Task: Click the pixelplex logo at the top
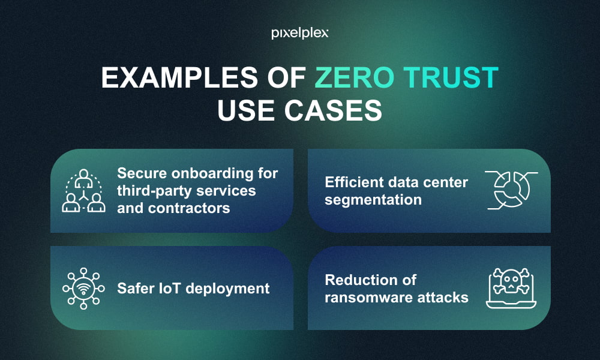[x=299, y=34]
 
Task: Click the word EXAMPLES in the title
[x=179, y=77]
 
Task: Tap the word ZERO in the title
[x=355, y=77]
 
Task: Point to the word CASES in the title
[x=333, y=110]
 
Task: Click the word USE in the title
[x=246, y=110]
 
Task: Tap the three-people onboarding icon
[x=84, y=191]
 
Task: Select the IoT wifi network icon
[x=83, y=289]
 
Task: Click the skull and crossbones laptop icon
[x=511, y=288]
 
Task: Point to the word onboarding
[x=212, y=173]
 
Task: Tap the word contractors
[x=189, y=208]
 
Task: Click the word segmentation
[x=373, y=200]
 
